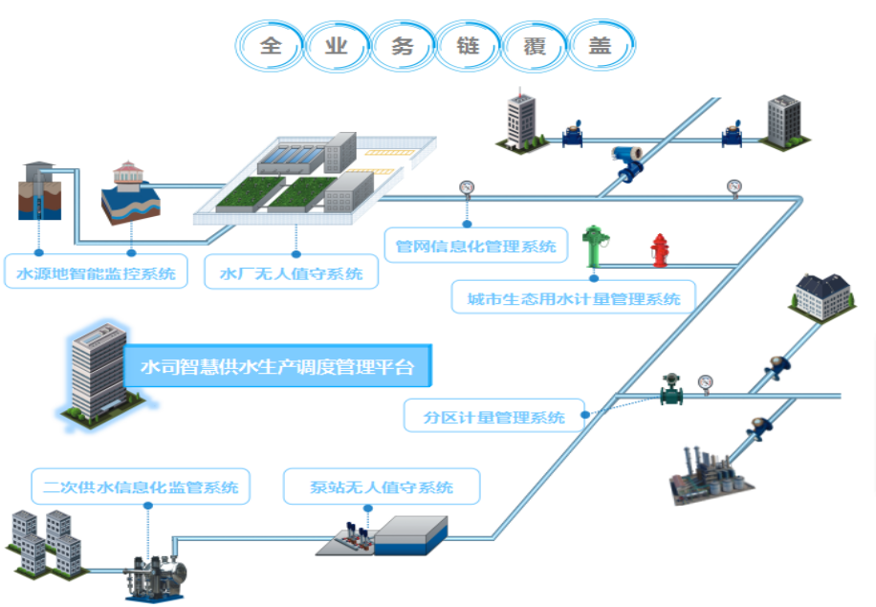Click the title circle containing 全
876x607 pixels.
pos(271,46)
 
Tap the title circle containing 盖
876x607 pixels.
pos(600,46)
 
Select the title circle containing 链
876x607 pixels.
pos(469,46)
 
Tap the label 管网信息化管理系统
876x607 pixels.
pos(476,245)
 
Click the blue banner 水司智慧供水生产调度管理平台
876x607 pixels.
pos(277,366)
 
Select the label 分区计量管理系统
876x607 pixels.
pos(493,416)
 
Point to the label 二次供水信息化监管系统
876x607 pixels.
pos(141,487)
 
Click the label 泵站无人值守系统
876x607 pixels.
pos(382,487)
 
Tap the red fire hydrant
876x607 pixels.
pos(660,250)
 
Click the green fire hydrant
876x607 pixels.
pos(594,247)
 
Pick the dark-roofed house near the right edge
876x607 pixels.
pos(822,296)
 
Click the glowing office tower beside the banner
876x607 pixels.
pos(98,374)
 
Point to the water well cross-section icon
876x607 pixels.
pos(39,191)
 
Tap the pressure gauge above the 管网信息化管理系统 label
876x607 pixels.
pos(467,188)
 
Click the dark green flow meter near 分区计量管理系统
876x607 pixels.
pos(671,389)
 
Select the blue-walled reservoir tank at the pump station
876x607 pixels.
pos(410,535)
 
